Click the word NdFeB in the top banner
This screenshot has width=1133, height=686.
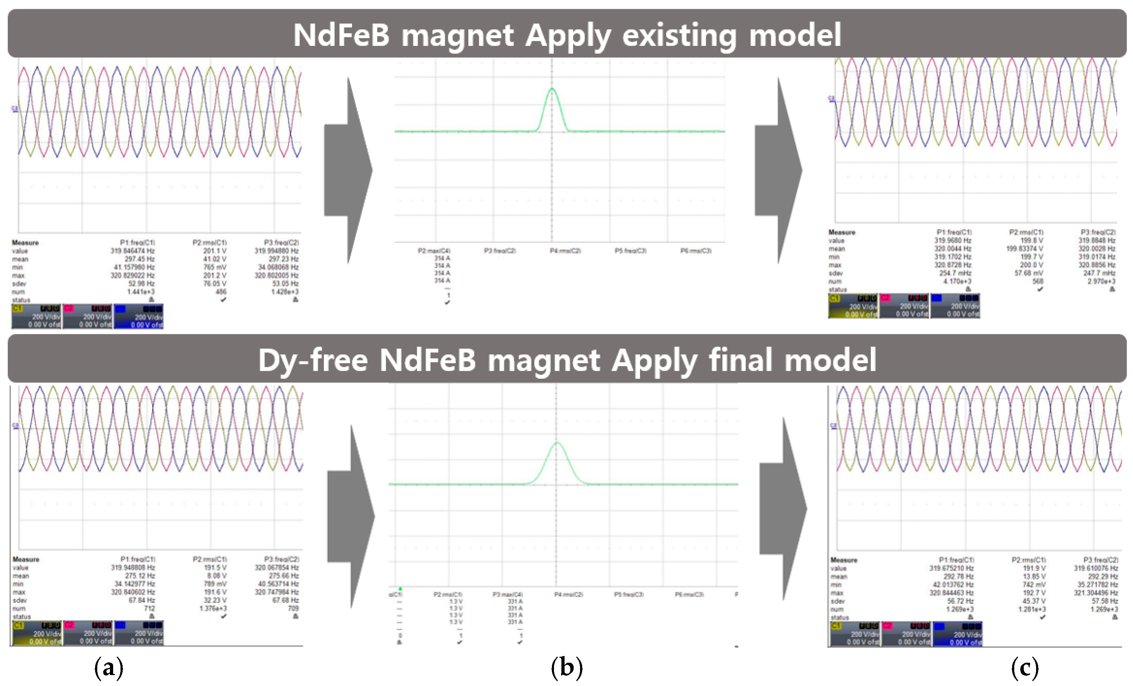(x=341, y=35)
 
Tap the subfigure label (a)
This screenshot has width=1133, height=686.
(x=109, y=668)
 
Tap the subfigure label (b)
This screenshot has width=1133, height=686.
(x=567, y=668)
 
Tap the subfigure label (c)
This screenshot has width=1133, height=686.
(x=1025, y=668)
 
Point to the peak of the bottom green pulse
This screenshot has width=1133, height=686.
(x=557, y=443)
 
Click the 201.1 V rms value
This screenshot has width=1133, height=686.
(x=215, y=251)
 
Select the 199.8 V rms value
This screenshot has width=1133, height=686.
(x=1032, y=240)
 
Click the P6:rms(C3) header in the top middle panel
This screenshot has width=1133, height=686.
(x=696, y=251)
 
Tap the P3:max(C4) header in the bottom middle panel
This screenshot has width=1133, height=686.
(x=507, y=594)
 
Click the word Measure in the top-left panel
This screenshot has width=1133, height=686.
(x=25, y=242)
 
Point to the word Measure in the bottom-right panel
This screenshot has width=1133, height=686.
(x=843, y=560)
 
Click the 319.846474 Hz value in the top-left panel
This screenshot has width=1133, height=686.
(x=133, y=251)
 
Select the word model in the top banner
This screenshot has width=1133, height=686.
(x=795, y=35)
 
